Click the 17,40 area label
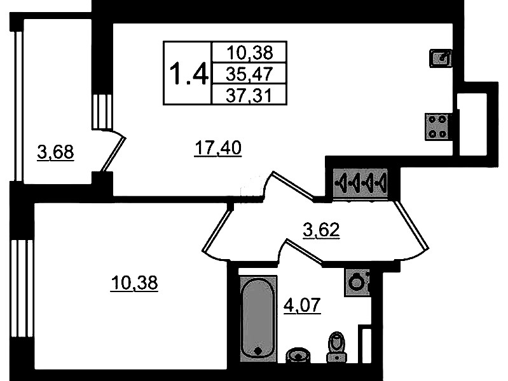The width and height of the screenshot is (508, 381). [x=217, y=149]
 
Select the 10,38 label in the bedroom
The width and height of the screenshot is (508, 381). [x=134, y=283]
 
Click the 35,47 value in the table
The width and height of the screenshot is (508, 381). [x=249, y=74]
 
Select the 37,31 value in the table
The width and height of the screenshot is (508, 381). [x=249, y=95]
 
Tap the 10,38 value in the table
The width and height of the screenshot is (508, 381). [x=249, y=53]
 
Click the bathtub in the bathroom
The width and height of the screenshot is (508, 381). [x=258, y=317]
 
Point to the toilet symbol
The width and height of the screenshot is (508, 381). [x=336, y=347]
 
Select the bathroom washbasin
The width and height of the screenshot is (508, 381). [x=296, y=355]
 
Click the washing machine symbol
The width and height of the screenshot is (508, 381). [x=357, y=281]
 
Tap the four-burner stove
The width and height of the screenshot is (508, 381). [x=438, y=126]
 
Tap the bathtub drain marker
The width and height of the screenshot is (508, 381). [x=257, y=350]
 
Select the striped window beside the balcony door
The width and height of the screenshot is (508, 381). [x=102, y=112]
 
